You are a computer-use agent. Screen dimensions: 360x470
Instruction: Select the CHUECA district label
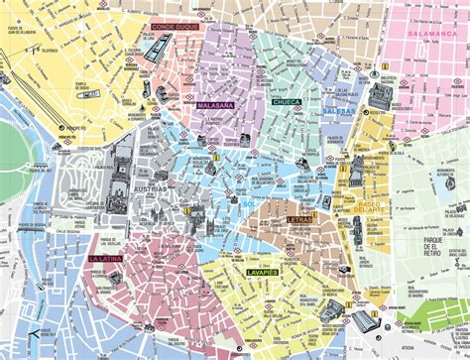coord(287,101)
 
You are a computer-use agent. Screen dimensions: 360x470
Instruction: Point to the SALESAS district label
coord(338,111)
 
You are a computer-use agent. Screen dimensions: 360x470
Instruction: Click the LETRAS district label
coord(299,218)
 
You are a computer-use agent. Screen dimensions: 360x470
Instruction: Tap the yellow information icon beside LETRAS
coord(314,214)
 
